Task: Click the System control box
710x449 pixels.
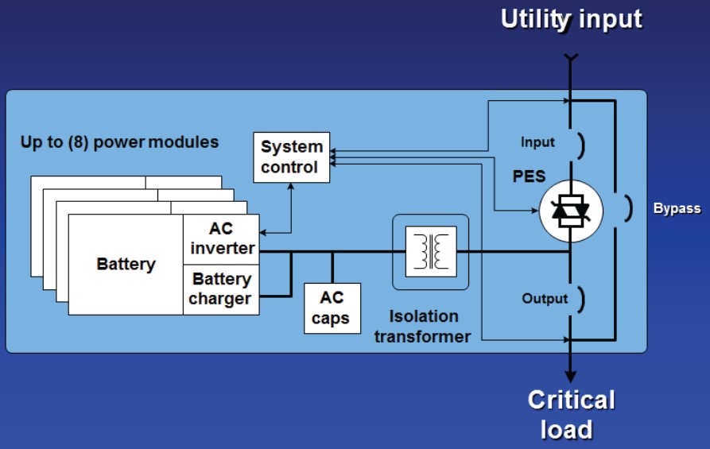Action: pos(292,157)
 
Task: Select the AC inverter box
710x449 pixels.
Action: pos(221,238)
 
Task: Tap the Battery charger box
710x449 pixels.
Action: pos(221,289)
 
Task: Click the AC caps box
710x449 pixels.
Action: pos(332,308)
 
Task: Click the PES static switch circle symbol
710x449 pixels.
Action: pos(571,211)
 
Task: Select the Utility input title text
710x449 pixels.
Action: pos(571,19)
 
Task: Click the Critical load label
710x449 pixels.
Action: pos(571,413)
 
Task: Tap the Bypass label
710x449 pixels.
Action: pos(677,209)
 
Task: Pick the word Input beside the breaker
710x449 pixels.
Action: pos(538,143)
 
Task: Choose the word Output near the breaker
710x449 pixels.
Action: pos(545,299)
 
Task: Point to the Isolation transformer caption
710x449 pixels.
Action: pos(423,327)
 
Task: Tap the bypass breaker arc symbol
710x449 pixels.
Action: pos(627,208)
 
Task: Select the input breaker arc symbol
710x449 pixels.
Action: pos(581,145)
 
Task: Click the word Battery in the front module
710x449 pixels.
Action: pos(126,264)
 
